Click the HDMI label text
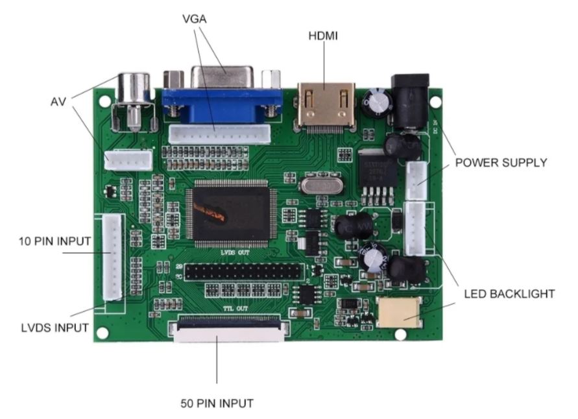coord(322,36)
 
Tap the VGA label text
coord(195,19)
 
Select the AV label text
coord(58,102)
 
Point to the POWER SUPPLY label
coord(501,162)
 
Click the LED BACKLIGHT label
coord(509,294)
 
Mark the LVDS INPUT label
coord(54,328)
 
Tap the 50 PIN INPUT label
coord(217,403)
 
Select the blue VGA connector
coord(222,97)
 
